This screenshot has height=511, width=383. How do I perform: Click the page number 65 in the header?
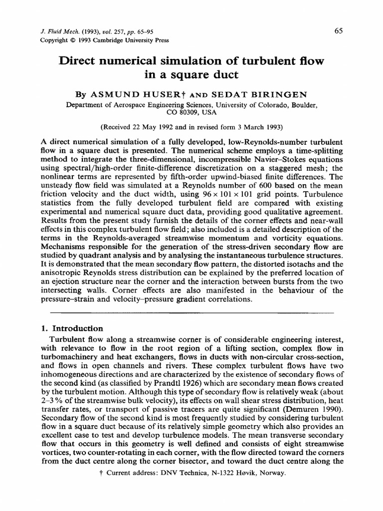(339, 31)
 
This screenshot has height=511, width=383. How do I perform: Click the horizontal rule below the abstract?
(191, 313)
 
